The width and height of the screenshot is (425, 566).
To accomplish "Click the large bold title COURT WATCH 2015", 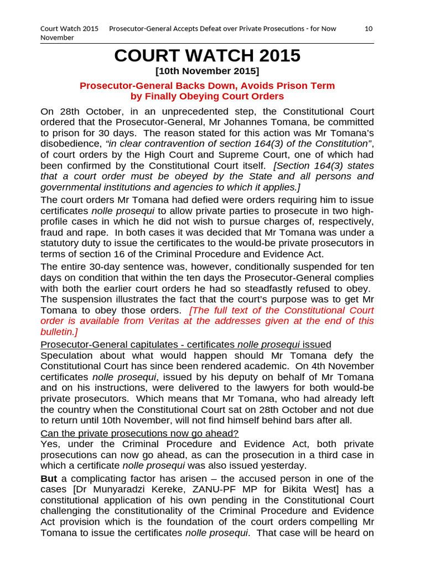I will click(207, 56).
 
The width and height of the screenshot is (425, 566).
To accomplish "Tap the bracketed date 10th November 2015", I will click(207, 71).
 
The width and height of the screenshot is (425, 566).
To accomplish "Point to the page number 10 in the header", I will click(369, 29).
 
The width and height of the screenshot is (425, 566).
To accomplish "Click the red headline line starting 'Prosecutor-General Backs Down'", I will click(207, 86).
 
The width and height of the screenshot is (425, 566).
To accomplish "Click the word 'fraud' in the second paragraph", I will click(53, 233).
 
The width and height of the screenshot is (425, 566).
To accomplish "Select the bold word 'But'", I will click(49, 479).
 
